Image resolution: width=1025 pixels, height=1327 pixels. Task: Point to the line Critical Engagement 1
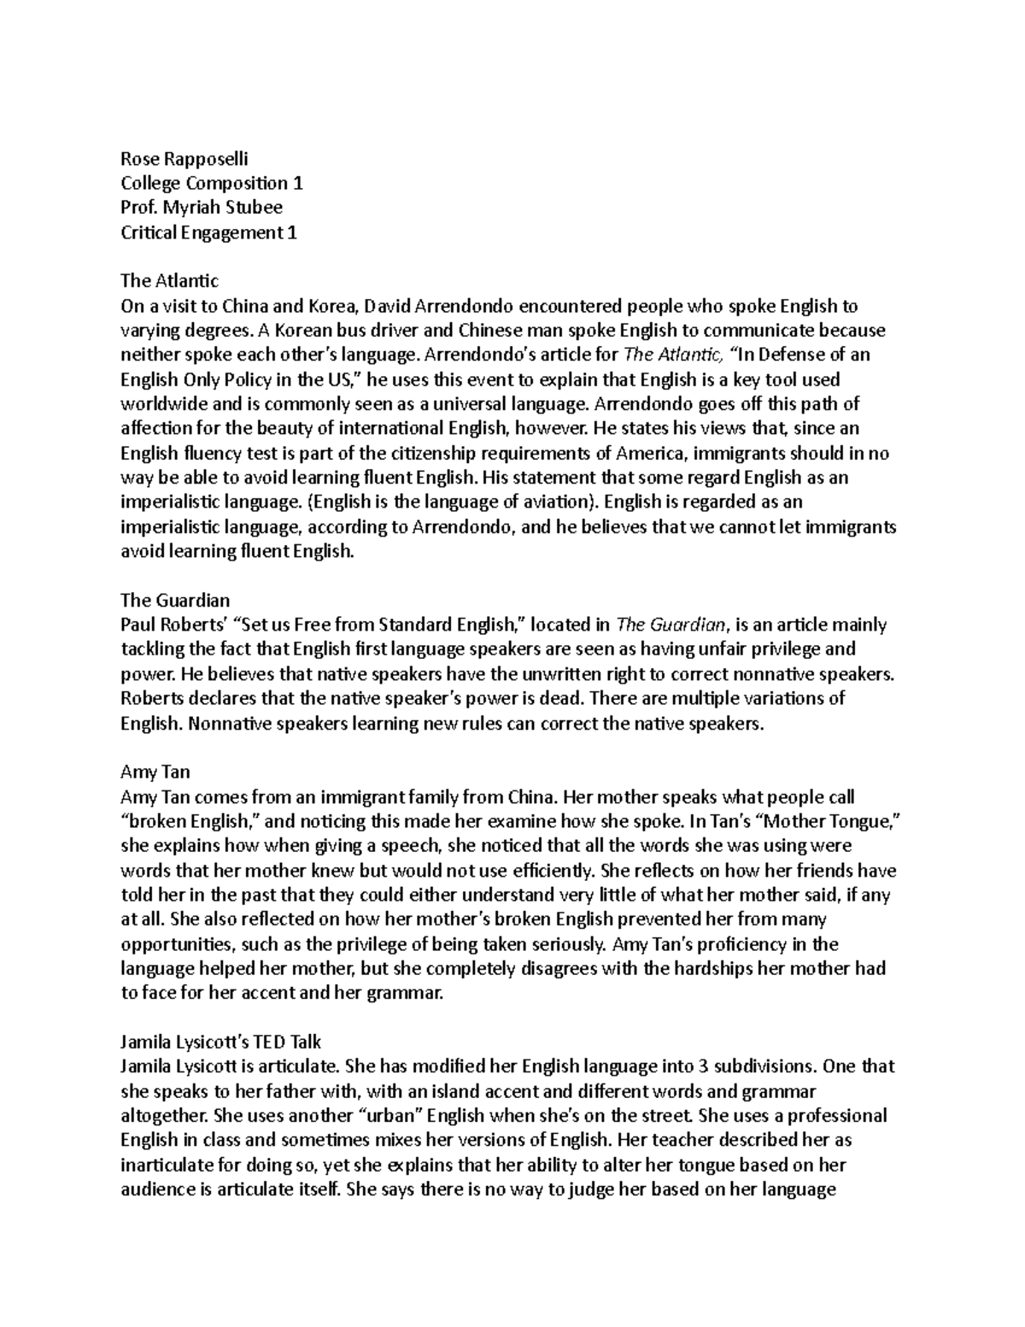(x=208, y=232)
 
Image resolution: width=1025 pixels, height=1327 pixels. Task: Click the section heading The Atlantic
(x=169, y=281)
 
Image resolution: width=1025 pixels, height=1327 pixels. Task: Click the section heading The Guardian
(x=175, y=600)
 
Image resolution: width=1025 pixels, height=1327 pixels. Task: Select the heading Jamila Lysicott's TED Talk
(x=220, y=1042)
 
